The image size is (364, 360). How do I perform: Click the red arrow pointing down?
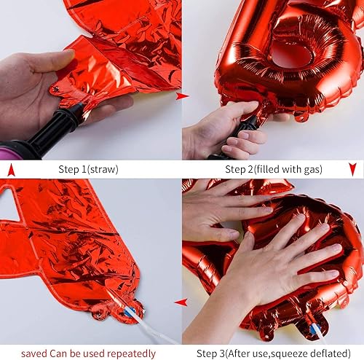(352, 170)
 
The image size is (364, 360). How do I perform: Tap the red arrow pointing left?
(181, 302)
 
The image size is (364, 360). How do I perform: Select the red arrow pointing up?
(10, 170)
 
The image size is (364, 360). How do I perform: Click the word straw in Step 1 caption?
(105, 170)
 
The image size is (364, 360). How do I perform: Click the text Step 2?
(240, 170)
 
